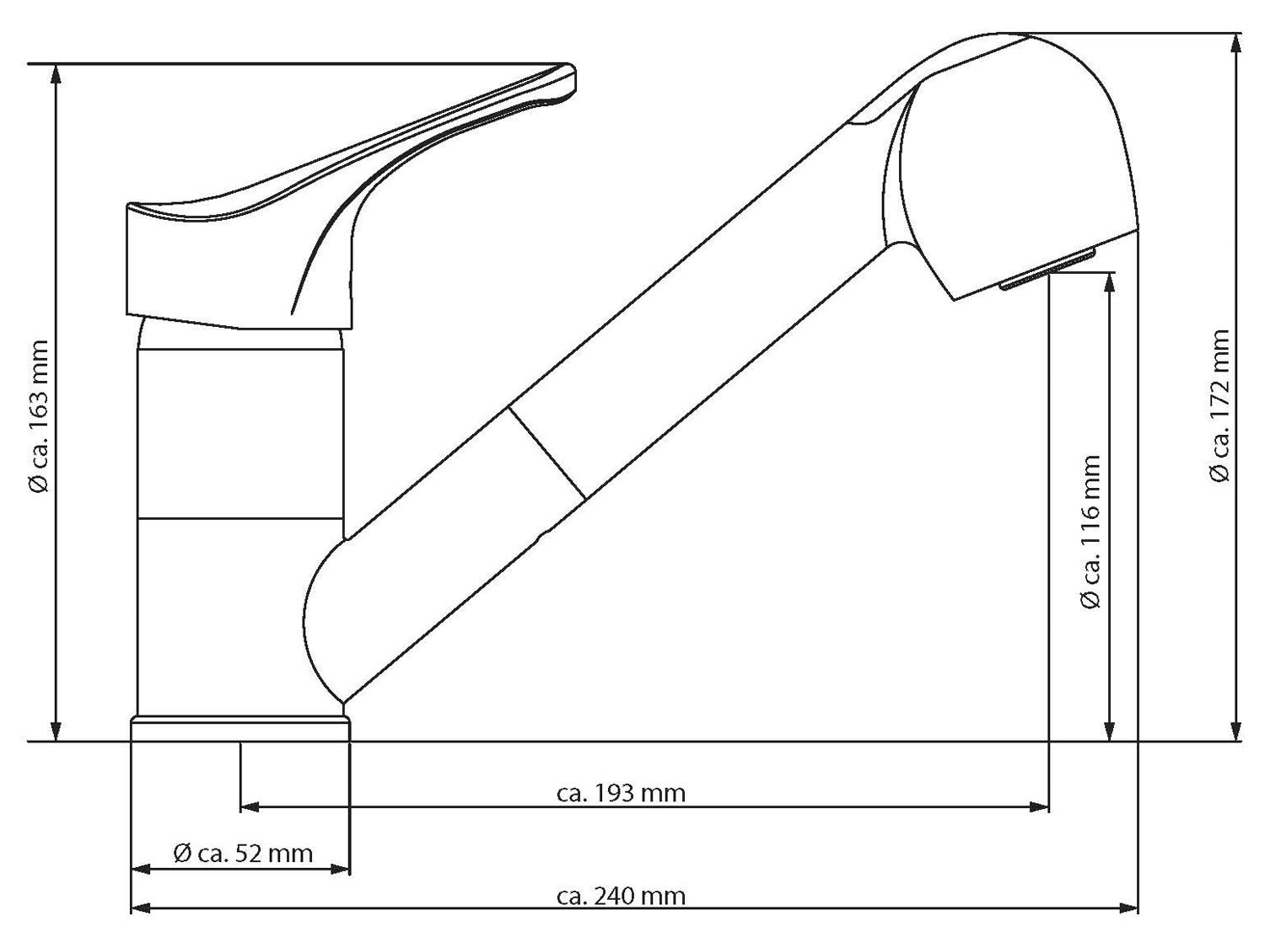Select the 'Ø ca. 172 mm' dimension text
(x=1219, y=405)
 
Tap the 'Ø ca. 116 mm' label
(x=1090, y=532)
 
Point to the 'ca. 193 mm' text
(x=622, y=793)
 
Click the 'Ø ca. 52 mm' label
(x=243, y=854)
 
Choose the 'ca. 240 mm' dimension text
(x=622, y=895)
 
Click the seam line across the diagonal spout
(x=546, y=453)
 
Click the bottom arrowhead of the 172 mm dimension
(x=1236, y=731)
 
